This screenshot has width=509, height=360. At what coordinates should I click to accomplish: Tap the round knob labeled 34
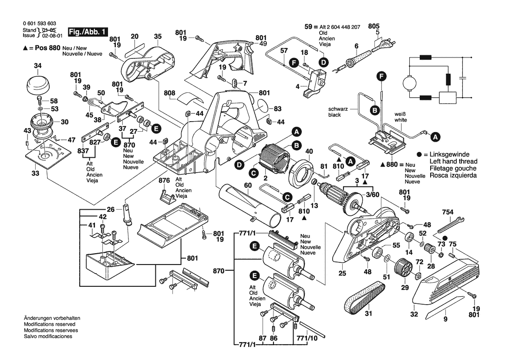point(39,83)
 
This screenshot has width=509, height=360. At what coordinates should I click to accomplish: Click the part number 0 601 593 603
point(39,24)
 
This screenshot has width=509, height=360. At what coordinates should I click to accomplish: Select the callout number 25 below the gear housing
point(342,273)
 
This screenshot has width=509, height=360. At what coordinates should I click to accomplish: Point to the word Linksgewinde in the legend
point(450,155)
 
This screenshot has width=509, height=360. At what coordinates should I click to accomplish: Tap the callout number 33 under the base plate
point(35,173)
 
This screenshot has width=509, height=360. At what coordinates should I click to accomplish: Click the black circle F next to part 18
point(294,63)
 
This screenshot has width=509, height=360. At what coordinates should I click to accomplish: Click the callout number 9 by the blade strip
point(445,319)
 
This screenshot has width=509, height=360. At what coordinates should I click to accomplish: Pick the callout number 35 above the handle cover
point(158,36)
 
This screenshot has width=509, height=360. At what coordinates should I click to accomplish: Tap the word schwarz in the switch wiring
point(338,109)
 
